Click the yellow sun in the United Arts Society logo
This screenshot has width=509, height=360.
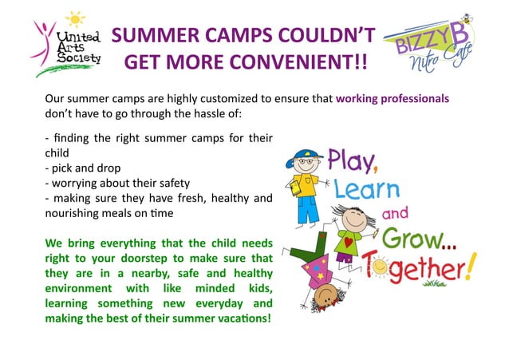click(x=75, y=19)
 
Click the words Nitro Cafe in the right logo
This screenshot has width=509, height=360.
click(x=435, y=61)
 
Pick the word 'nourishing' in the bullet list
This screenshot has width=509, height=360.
click(x=74, y=214)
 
